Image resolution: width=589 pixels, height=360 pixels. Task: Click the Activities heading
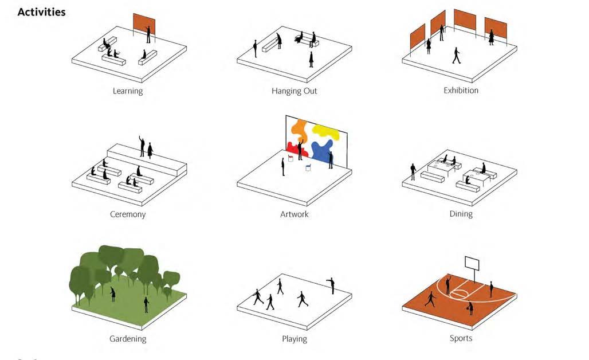coord(41,12)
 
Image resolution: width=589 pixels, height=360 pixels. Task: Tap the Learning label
coord(128,91)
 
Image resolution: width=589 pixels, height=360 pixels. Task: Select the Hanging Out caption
coord(294,91)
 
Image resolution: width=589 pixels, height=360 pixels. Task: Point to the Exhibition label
coord(461,91)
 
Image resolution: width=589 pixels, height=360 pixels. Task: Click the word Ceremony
coord(128,214)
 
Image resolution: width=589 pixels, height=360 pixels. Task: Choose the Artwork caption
coord(294,214)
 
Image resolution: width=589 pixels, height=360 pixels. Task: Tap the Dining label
coord(461,214)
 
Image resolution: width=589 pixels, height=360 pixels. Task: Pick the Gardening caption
coord(128,339)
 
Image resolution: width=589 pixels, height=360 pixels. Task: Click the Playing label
coord(294,339)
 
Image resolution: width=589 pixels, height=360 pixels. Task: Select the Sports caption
coord(461,338)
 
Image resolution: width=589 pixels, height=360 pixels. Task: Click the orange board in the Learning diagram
coord(144,24)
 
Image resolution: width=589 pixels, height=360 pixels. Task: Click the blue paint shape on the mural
coord(322,152)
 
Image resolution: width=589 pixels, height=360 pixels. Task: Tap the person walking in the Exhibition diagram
coord(457,56)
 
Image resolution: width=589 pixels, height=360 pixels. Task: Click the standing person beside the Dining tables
coord(413,171)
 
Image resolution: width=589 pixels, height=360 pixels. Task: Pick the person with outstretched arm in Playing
coord(331,285)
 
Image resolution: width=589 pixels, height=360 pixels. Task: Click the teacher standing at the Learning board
coord(148,34)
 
